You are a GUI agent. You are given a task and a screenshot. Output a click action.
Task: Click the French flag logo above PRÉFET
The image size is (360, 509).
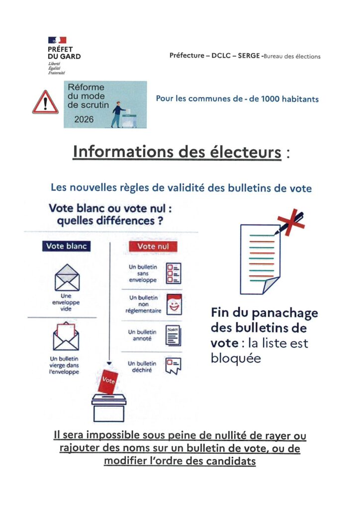point(57,40)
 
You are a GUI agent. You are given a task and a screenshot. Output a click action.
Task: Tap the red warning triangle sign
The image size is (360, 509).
point(45,103)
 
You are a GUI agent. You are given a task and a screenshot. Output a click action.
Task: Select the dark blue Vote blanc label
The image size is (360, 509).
point(66,246)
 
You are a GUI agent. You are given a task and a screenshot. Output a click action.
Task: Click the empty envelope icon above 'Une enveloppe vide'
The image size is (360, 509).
point(67,278)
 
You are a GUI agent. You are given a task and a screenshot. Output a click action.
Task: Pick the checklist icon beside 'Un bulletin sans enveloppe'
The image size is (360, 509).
point(174,273)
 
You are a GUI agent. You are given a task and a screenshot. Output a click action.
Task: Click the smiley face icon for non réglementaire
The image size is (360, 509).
point(174,304)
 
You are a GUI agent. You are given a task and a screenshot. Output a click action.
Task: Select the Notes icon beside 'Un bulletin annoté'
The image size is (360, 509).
point(173,336)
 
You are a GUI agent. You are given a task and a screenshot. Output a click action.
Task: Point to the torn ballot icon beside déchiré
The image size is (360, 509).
point(174,366)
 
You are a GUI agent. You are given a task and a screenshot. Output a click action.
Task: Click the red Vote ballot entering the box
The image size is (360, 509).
point(108,381)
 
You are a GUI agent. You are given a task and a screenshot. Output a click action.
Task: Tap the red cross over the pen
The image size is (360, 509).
point(290,221)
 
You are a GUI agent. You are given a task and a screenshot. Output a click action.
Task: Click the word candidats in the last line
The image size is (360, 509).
point(233,461)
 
